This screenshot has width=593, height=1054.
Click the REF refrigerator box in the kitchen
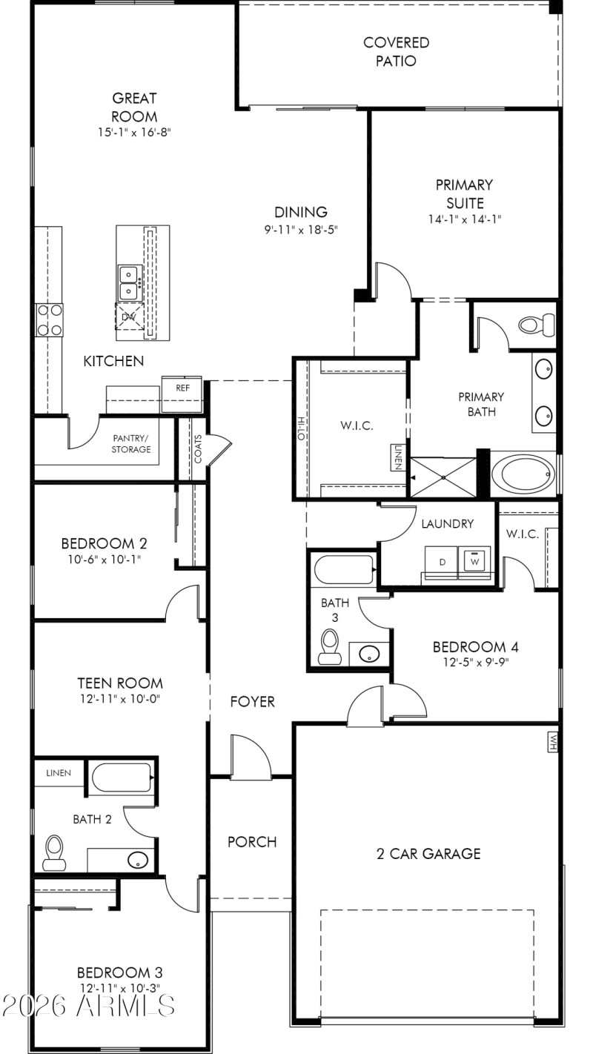pos(182,387)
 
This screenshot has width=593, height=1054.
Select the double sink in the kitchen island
pos(130,282)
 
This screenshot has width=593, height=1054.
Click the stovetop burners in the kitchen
pos(50,320)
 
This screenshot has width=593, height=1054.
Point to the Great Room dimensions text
pos(134,133)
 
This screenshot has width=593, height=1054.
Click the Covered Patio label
pos(396,52)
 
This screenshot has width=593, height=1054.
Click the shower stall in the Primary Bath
pos(443,477)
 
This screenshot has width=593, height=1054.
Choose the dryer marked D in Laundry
pos(442,561)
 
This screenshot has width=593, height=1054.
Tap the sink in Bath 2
pos(137,861)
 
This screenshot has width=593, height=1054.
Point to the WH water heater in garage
pos(552,740)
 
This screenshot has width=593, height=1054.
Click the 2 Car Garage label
pos(428,854)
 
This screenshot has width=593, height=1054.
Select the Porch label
pos(252,842)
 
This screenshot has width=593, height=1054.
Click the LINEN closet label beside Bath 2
pos(59,773)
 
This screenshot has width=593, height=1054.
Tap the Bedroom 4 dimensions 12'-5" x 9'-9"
pos(471,663)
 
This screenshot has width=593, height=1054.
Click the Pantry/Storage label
pos(131,443)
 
